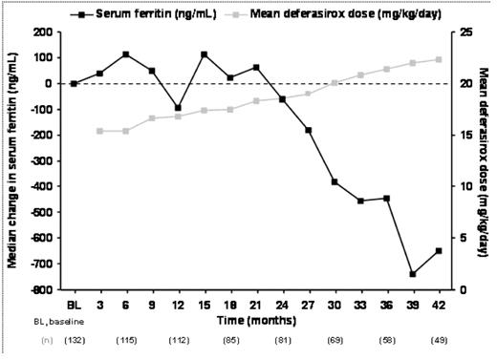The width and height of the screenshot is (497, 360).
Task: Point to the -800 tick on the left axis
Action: (x=39, y=288)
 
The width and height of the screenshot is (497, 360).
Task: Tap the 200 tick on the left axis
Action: (x=41, y=32)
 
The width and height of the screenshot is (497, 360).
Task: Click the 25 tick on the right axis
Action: (x=464, y=32)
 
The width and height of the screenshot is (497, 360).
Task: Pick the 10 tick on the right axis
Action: (x=464, y=185)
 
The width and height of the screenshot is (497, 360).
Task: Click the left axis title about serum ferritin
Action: (x=13, y=159)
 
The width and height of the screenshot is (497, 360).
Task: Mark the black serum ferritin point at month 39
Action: (x=412, y=274)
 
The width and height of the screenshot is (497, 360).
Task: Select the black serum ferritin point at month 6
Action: (x=126, y=54)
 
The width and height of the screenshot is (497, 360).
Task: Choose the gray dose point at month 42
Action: (x=438, y=59)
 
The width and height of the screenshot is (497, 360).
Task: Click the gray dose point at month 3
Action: (x=100, y=131)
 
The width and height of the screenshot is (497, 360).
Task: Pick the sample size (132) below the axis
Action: (x=74, y=339)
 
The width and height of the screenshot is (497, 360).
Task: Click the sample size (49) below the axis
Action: (x=438, y=339)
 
